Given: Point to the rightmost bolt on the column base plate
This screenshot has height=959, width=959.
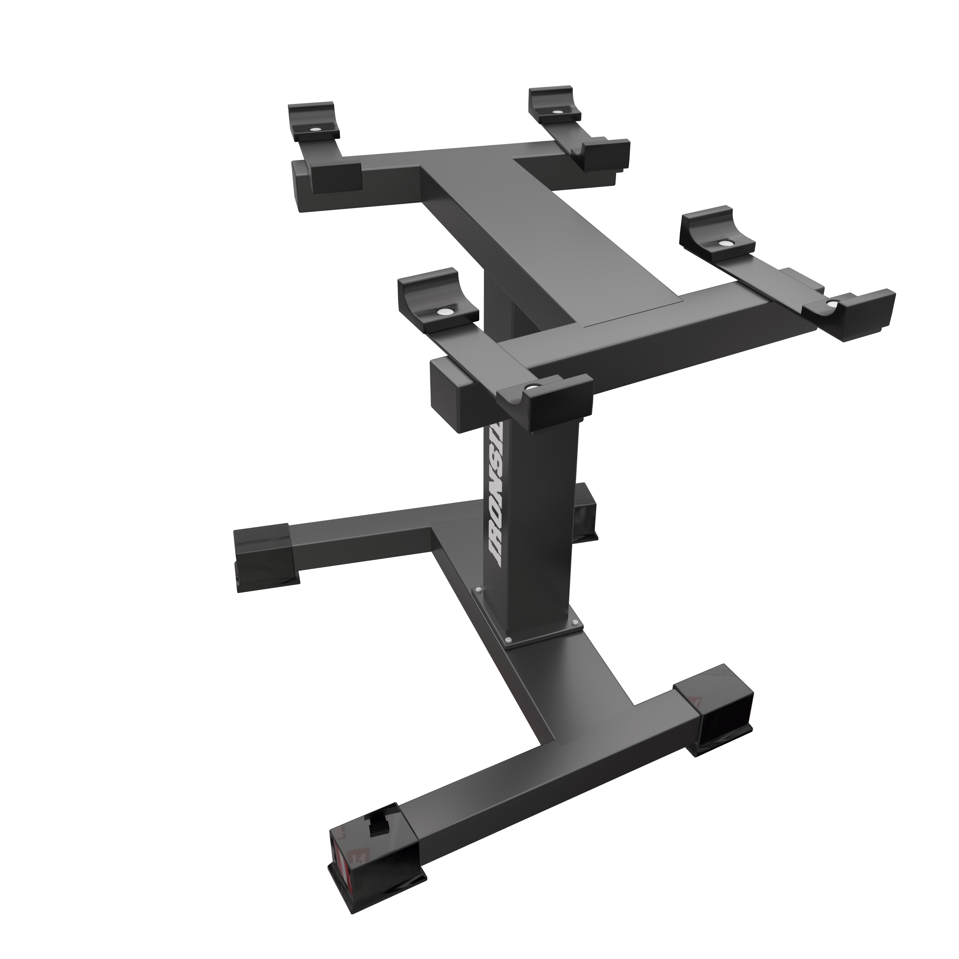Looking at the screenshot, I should point(575,622).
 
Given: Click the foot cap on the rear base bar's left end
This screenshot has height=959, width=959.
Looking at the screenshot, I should point(266,556).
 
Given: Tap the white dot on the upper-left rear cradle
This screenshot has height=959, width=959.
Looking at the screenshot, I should point(315,129).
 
